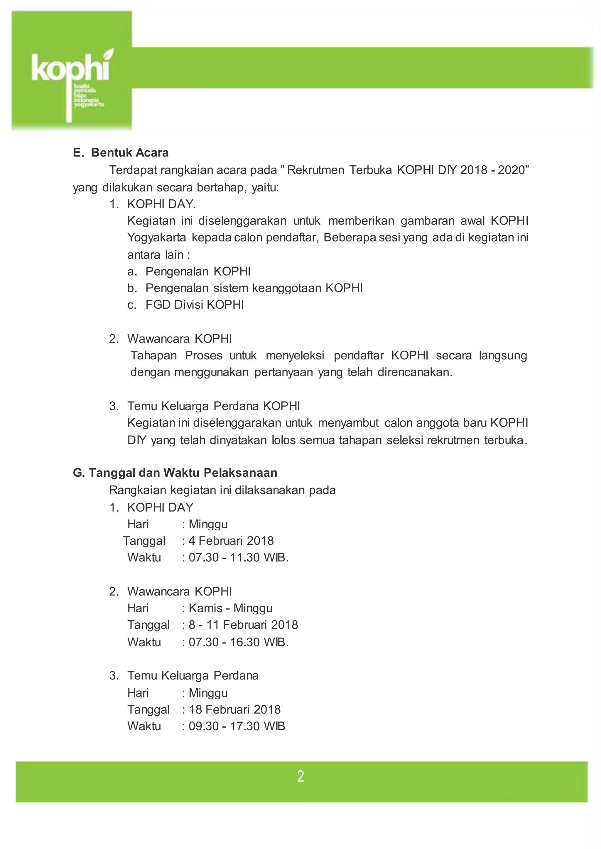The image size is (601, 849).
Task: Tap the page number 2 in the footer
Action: pos(300,776)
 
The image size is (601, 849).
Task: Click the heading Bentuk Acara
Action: pos(129,153)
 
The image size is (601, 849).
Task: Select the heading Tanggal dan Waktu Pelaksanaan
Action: pos(183,473)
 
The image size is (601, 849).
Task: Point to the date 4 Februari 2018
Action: pos(231,541)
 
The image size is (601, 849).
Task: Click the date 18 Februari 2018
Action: pos(235,709)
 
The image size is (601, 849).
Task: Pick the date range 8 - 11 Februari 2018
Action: pos(243,625)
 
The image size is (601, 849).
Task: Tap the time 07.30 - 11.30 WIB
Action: pos(238,557)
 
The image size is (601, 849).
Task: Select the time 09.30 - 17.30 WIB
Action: pos(237,726)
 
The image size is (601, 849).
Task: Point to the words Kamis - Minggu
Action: pos(230,608)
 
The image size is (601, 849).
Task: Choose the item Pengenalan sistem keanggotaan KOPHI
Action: pos(254,288)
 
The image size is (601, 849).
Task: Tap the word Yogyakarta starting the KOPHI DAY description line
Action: pos(157,237)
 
